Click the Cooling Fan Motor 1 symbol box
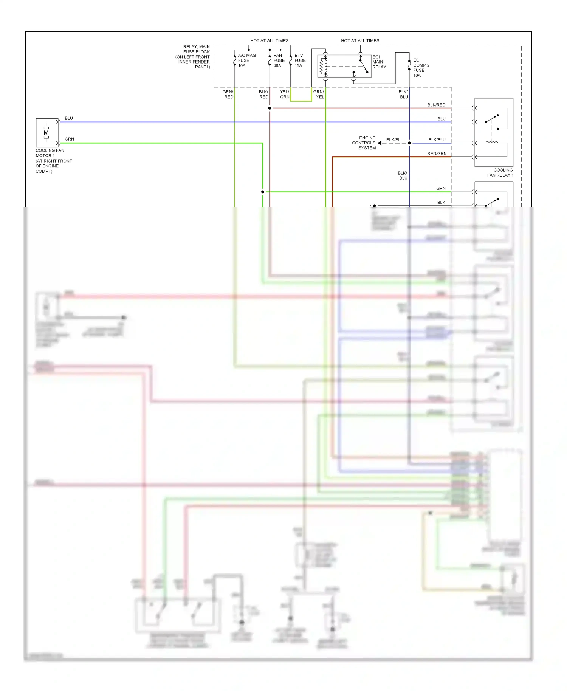pos(47,133)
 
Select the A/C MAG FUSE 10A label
pos(246,60)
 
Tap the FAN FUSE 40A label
pos(279,60)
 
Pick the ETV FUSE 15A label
pos(300,60)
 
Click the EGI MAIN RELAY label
pos(379,62)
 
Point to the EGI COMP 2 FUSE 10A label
pos(421,68)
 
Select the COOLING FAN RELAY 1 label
pos(500,172)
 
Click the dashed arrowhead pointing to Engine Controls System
pos(380,143)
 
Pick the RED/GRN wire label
pos(437,153)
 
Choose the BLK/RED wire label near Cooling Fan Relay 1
pos(436,105)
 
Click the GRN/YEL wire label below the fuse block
pos(319,95)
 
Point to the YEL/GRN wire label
pos(285,95)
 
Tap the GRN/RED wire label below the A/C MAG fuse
pos(228,95)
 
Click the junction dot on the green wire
pos(263,192)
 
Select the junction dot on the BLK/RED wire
pos(270,108)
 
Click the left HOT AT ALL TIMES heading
pos(269,40)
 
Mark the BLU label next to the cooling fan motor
pos(69,118)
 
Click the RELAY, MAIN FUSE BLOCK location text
pos(194,57)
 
